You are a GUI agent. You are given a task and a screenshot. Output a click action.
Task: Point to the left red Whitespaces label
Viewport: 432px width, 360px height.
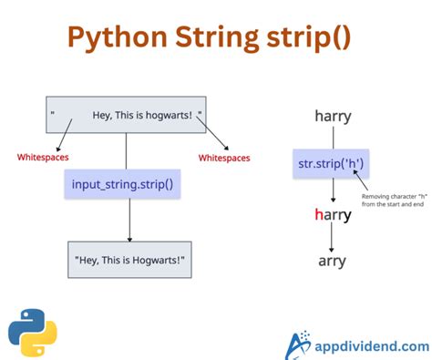[44, 158]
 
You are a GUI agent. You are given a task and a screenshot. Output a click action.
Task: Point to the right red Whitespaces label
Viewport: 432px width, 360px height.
[224, 158]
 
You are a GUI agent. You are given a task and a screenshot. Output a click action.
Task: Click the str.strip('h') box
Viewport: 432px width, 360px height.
[332, 165]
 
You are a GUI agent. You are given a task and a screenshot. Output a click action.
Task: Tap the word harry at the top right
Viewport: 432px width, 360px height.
[333, 116]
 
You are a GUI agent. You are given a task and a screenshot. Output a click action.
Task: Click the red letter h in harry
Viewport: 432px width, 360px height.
[318, 215]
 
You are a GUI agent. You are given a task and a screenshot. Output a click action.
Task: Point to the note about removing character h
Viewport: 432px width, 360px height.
[394, 201]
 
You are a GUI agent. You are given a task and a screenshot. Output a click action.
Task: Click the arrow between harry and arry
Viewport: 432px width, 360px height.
[333, 239]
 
